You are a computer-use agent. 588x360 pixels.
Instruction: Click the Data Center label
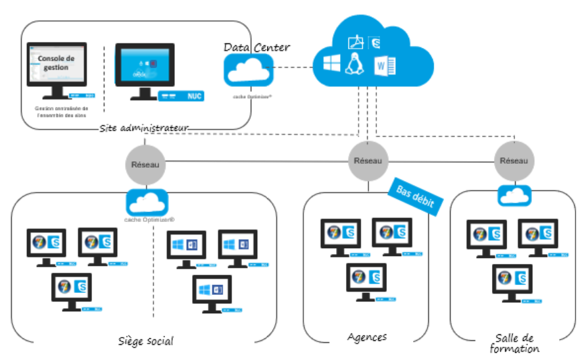click(x=257, y=47)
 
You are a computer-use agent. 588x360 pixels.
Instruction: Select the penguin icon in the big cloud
click(x=355, y=65)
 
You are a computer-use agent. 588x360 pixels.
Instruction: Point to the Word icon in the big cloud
click(x=383, y=66)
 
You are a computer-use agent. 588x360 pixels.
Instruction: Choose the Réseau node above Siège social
click(x=145, y=164)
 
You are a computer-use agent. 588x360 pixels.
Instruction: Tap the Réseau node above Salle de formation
click(x=514, y=161)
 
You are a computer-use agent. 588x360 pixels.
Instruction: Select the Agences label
click(x=367, y=337)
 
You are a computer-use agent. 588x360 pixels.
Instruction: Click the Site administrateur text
click(x=144, y=127)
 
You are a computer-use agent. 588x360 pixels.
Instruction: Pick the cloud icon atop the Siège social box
click(x=149, y=201)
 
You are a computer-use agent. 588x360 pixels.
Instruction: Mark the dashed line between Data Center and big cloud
click(x=293, y=67)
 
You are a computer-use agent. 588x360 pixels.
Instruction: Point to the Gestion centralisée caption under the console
click(x=61, y=111)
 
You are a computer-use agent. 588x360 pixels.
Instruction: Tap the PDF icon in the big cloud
click(x=356, y=43)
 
